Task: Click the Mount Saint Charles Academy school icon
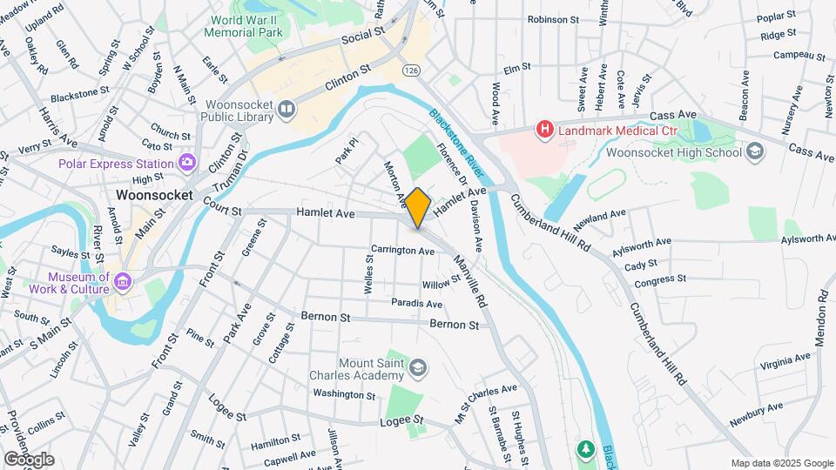pyautogui.click(x=418, y=369)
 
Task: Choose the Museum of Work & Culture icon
pyautogui.click(x=123, y=282)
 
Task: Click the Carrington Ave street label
pyautogui.click(x=402, y=251)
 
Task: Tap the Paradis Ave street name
pyautogui.click(x=416, y=304)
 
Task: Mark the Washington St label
pyautogui.click(x=344, y=394)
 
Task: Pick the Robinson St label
pyautogui.click(x=553, y=18)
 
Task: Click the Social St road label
pyautogui.click(x=363, y=36)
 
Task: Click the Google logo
pyautogui.click(x=28, y=460)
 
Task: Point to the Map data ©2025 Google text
pyautogui.click(x=781, y=463)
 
